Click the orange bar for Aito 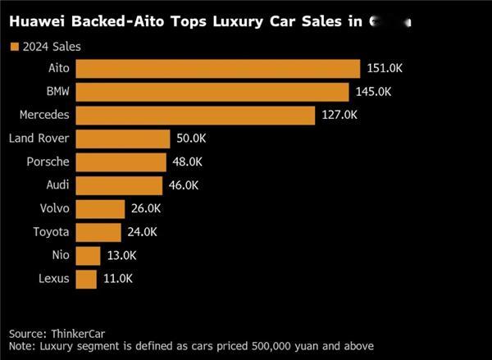217,68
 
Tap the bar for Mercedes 195,116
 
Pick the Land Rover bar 122,139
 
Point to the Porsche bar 121,162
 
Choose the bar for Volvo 100,209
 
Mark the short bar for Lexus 85,279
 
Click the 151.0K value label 385,69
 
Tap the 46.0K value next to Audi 184,185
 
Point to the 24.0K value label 142,232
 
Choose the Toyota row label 51,232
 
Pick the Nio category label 60,256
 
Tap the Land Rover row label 39,139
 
